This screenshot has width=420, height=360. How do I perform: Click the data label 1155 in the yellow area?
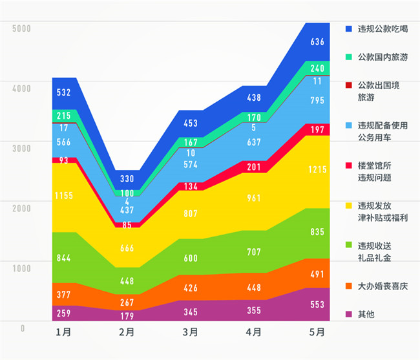[x=63, y=196]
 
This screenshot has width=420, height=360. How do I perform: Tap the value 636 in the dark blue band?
[x=317, y=42]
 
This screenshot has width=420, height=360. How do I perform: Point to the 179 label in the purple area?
[x=127, y=315]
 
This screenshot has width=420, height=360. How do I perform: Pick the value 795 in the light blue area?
[x=317, y=101]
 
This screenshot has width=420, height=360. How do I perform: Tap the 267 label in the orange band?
[x=127, y=301]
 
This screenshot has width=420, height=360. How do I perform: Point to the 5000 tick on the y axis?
[x=21, y=28]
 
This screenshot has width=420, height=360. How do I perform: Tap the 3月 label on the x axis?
[x=190, y=333]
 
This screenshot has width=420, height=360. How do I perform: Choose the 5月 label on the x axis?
[x=317, y=333]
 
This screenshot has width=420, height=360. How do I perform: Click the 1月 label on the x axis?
[x=63, y=333]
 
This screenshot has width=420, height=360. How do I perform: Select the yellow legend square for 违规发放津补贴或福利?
[x=349, y=206]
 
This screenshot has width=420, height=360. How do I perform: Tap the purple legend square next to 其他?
[x=349, y=315]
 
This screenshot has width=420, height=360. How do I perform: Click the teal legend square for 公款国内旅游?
[x=349, y=58]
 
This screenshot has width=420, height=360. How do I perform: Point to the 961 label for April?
[x=254, y=199]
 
